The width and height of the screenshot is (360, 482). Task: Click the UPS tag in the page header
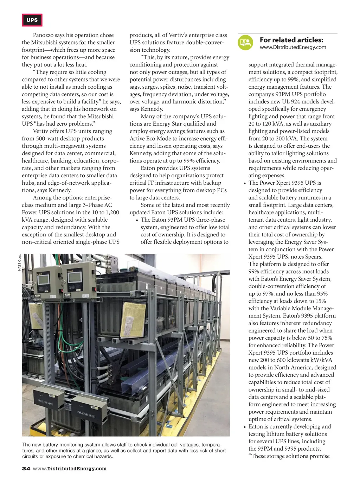click(32, 20)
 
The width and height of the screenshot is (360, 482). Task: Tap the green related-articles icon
click(245, 43)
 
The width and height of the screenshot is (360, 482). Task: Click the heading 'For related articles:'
click(291, 40)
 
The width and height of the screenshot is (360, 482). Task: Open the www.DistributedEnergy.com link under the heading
click(293, 47)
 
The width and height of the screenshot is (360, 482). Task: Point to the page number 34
click(26, 469)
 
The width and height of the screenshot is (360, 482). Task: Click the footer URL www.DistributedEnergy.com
click(70, 469)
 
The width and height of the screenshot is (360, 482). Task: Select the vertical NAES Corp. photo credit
click(20, 262)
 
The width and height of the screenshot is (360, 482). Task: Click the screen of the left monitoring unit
click(43, 279)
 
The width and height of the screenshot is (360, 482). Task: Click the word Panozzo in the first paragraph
click(43, 35)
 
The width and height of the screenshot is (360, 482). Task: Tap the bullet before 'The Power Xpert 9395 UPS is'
click(244, 183)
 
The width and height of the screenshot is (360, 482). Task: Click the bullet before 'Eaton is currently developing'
click(244, 427)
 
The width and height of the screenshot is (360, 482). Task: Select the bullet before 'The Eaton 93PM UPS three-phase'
click(136, 220)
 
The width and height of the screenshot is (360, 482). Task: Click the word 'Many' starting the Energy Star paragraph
click(148, 116)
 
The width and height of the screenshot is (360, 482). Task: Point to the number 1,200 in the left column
click(112, 213)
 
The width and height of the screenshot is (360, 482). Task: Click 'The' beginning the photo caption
click(27, 445)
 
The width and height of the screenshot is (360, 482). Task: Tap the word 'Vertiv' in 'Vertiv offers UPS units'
click(40, 131)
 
